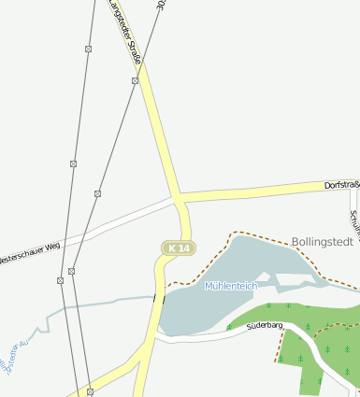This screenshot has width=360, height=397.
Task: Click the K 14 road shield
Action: pyautogui.click(x=178, y=248)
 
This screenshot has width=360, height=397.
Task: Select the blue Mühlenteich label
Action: pyautogui.click(x=231, y=286)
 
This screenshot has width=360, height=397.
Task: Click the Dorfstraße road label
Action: pyautogui.click(x=341, y=186)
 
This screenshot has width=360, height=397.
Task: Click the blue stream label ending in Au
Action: pyautogui.click(x=18, y=358)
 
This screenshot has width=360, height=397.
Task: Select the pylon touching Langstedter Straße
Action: pyautogui.click(x=135, y=81)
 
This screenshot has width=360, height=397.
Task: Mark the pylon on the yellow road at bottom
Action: pyautogui.click(x=90, y=390)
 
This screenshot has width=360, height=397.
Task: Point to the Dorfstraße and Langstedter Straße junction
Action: pyautogui.click(x=178, y=198)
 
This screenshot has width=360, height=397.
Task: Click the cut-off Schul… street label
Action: pyautogui.click(x=354, y=225)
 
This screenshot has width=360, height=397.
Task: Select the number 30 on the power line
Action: pyautogui.click(x=161, y=5)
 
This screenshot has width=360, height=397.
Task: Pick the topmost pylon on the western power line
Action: pyautogui.click(x=88, y=48)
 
